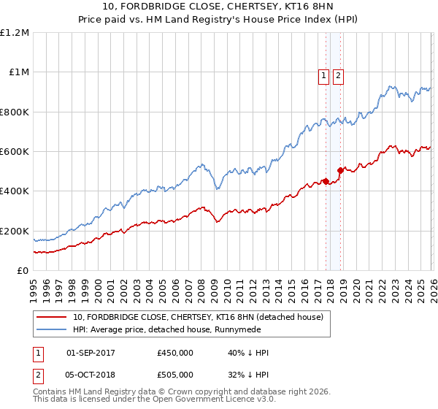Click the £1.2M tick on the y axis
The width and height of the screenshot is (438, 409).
click(x=15, y=33)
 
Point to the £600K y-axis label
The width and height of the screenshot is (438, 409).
click(x=15, y=152)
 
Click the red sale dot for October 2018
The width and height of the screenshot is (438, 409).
click(x=339, y=171)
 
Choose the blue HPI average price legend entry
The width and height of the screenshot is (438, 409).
click(x=175, y=329)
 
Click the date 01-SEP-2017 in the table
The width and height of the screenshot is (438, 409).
click(x=95, y=353)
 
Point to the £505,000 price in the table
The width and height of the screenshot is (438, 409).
click(x=175, y=375)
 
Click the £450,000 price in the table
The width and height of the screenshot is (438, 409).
click(x=175, y=353)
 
